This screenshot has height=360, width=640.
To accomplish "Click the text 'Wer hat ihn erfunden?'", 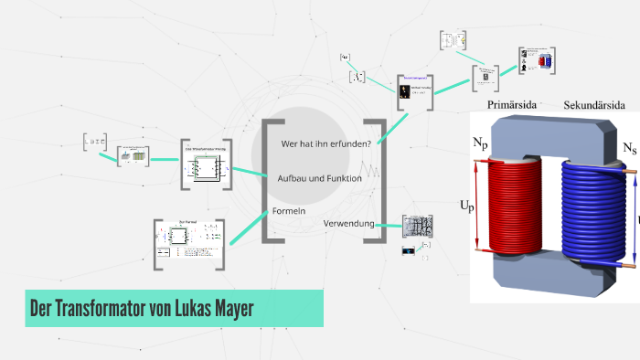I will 325,143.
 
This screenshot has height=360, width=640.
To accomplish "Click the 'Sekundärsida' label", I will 595,105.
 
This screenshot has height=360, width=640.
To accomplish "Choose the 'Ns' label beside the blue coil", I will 630,148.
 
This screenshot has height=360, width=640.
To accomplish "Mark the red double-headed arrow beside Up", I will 477,206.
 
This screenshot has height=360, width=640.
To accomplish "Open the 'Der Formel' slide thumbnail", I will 189,244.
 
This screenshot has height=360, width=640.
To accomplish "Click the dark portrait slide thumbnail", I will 414,92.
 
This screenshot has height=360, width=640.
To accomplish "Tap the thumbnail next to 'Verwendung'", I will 418,227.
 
